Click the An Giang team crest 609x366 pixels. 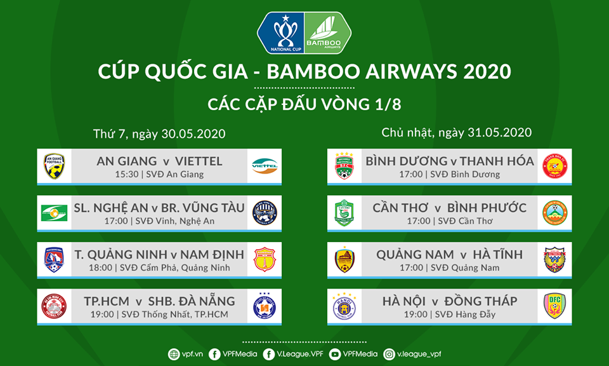coord(54,166)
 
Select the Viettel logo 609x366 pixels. coord(265,166)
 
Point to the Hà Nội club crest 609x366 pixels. coord(345,306)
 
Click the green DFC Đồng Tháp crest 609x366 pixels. coord(554,306)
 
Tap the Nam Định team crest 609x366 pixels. coord(264,260)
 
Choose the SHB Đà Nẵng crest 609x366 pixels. coord(264,306)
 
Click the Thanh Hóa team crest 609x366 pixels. coord(555,166)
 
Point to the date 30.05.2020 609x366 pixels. coord(194,134)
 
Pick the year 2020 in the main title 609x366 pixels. coord(486,71)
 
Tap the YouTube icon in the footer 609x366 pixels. coord(335,354)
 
